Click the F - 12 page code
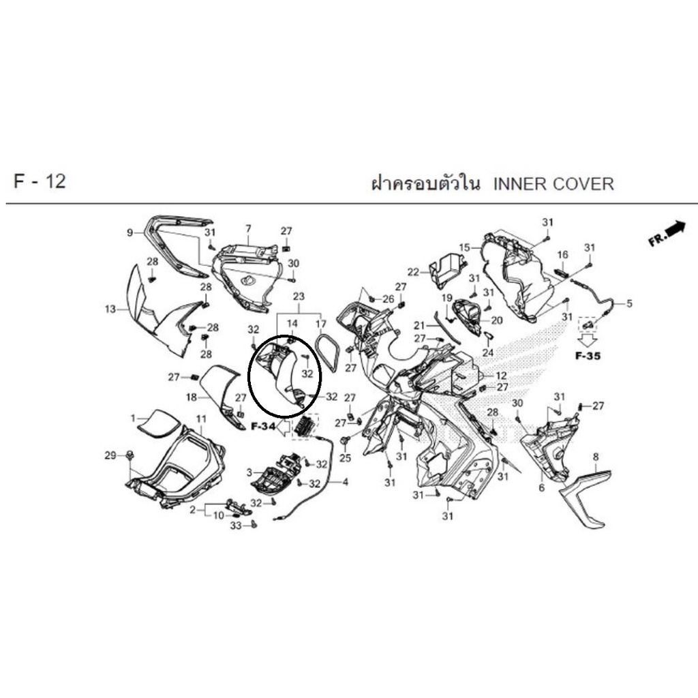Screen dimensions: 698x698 pos(40,181)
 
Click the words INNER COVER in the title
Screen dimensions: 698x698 pos(553,184)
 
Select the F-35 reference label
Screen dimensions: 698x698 pos(588,356)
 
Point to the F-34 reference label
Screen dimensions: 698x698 pos(263,427)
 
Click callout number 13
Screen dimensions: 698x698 pos(110,309)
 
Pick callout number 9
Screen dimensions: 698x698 pos(130,232)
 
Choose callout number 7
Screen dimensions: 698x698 pos(248,229)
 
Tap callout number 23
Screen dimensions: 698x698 pos(299,297)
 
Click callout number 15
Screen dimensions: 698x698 pos(464,247)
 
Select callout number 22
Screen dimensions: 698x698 pos(413,271)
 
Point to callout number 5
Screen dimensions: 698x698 pos(629,303)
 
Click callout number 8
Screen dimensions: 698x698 pos(596,457)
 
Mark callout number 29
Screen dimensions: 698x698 pos(110,455)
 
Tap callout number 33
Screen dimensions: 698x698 pos(235,526)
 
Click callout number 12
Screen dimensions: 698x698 pos(501,376)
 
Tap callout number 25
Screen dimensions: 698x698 pos(346,457)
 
